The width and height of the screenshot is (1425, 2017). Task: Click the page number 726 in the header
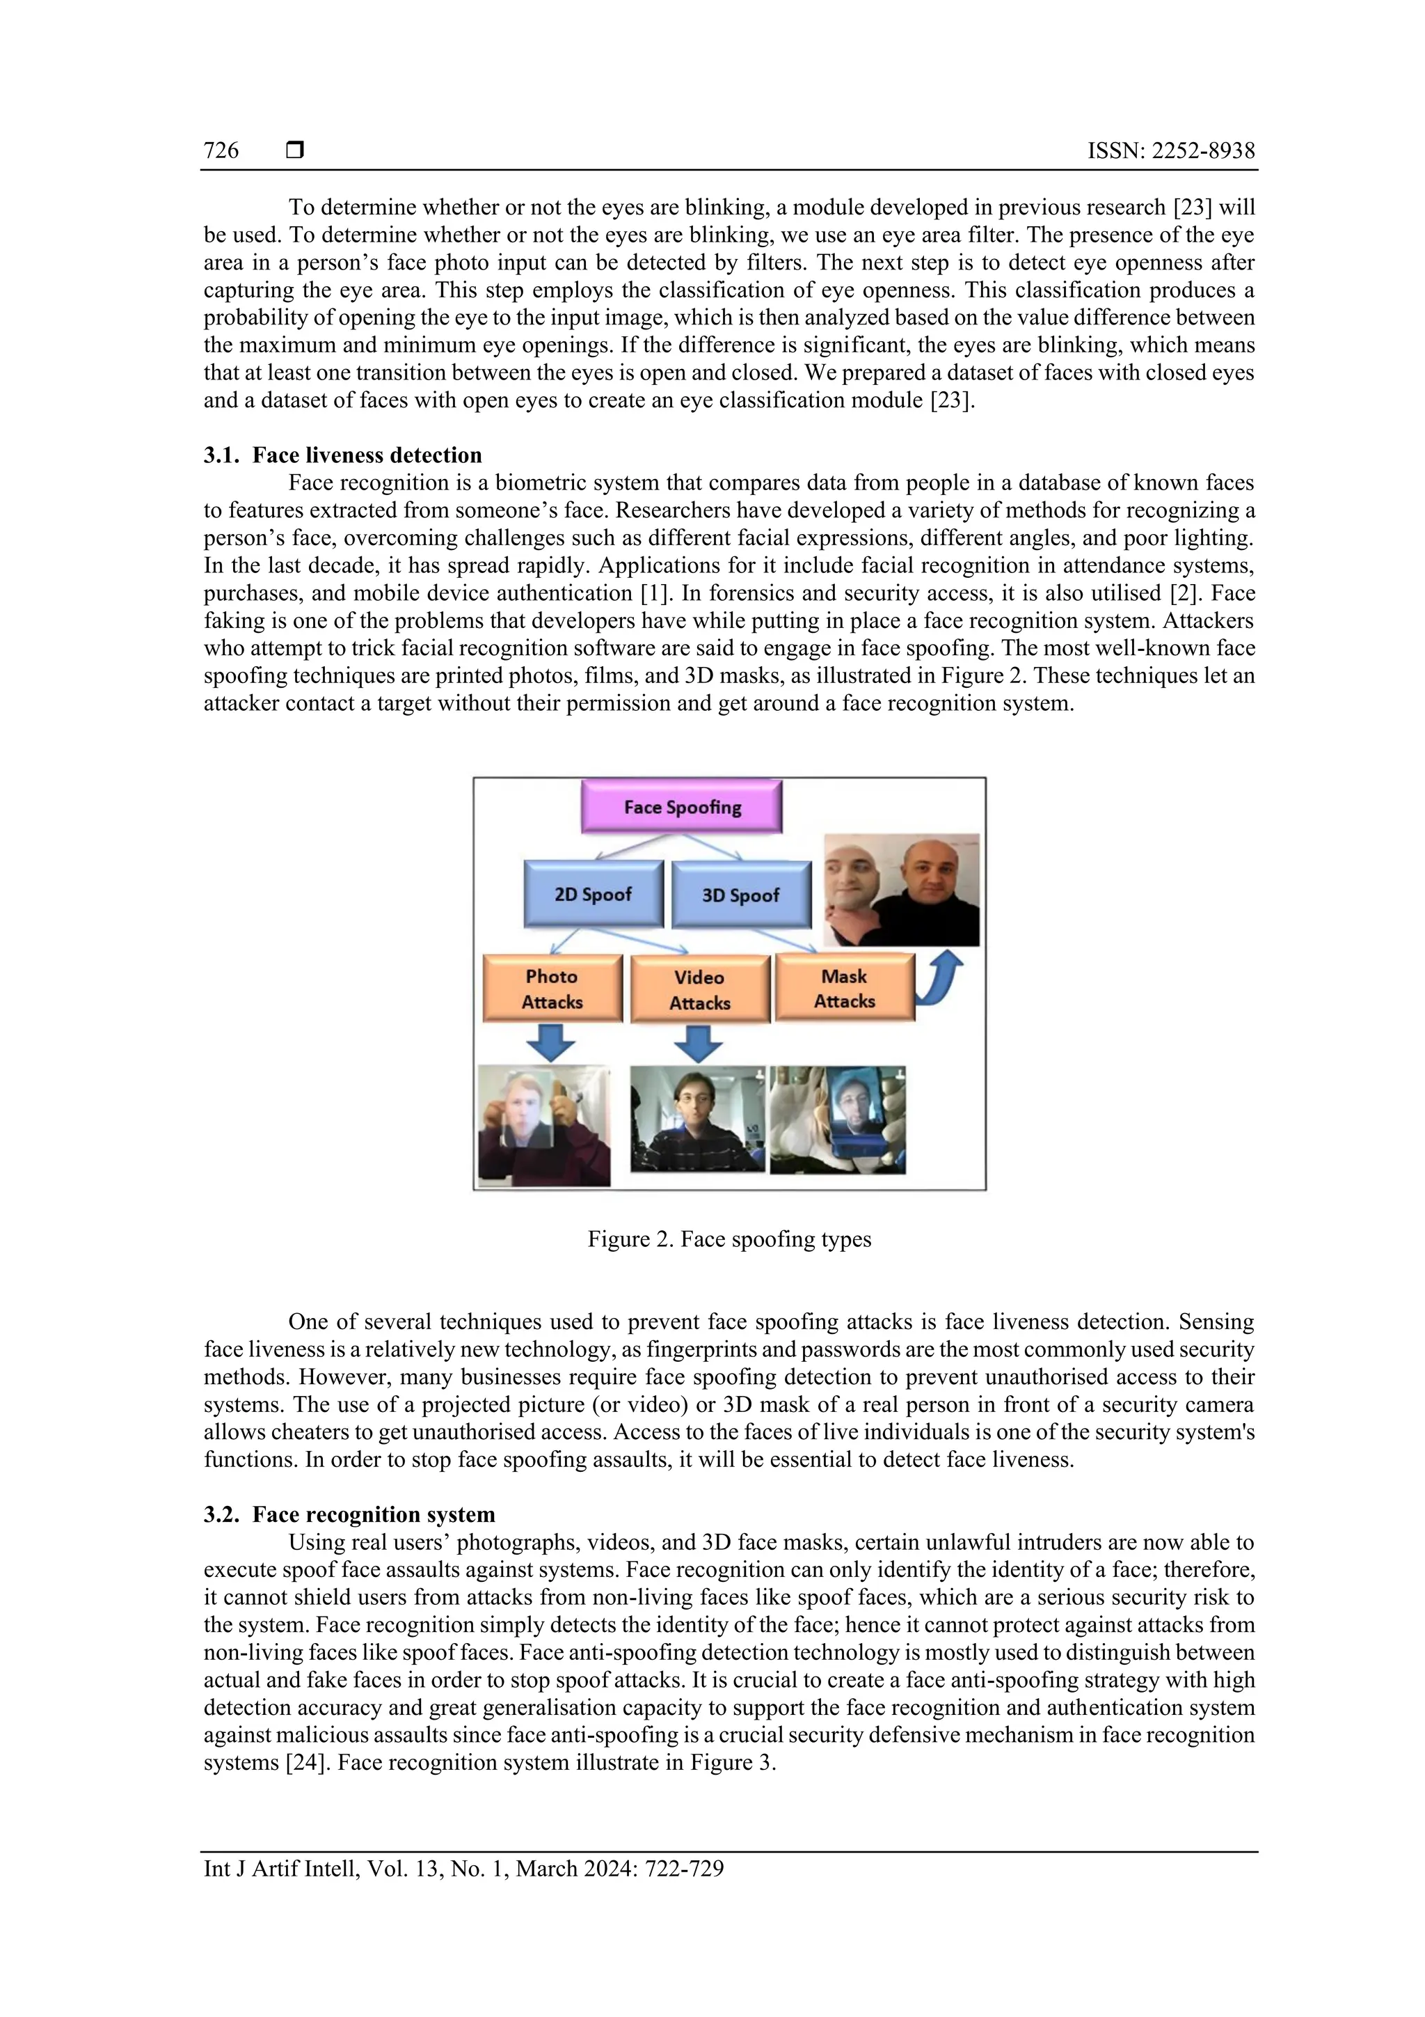tap(221, 150)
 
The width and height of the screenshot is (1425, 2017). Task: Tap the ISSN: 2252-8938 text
tap(1170, 150)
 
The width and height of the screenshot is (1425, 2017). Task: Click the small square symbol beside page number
tap(295, 150)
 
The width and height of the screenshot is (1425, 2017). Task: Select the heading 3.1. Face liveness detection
tap(342, 455)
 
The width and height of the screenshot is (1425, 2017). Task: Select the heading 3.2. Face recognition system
tap(349, 1514)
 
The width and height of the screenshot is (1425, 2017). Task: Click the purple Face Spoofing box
tap(681, 806)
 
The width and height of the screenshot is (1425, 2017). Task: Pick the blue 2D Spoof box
tap(593, 894)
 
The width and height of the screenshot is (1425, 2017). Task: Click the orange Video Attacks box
tap(700, 990)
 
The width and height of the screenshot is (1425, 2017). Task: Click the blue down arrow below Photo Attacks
tap(550, 1044)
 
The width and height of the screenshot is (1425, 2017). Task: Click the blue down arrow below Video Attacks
tap(698, 1044)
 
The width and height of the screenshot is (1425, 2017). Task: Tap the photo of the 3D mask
tap(901, 889)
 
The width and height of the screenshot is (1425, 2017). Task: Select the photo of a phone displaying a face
tap(837, 1120)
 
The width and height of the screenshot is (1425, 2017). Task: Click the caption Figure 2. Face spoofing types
tap(729, 1239)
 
